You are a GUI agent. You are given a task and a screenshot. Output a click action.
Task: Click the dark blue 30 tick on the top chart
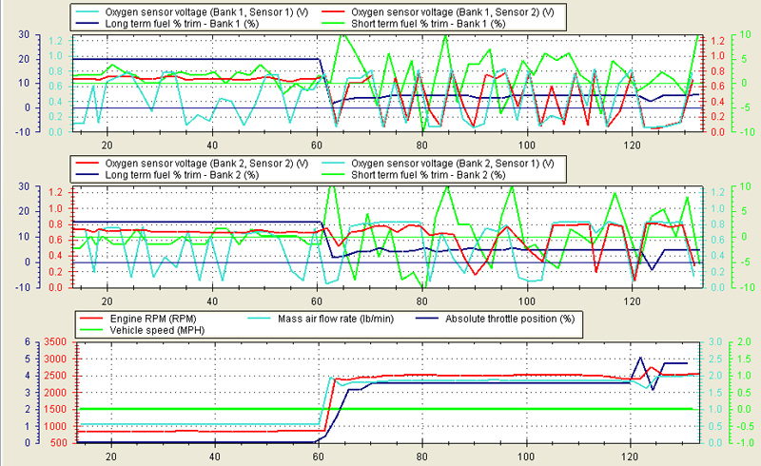(x=10, y=34)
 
